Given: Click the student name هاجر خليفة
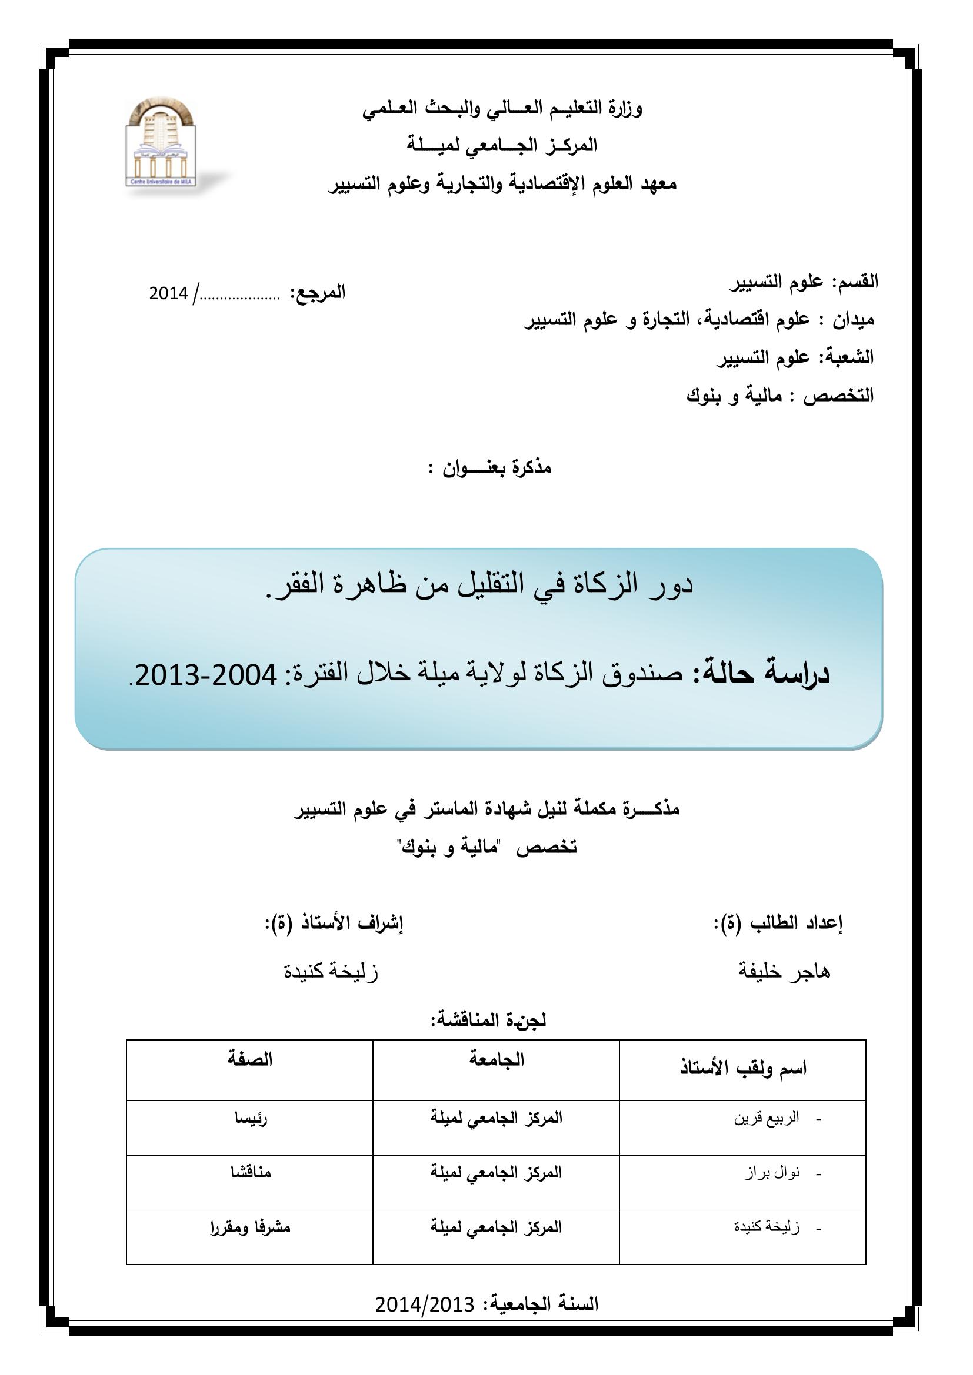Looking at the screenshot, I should click(784, 971).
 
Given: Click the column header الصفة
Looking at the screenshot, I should click(250, 1059).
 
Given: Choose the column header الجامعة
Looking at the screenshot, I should click(496, 1059).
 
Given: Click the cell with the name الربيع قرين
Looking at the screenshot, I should click(767, 1119).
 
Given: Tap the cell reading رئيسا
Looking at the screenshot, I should click(251, 1119).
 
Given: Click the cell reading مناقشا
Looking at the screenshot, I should click(251, 1172).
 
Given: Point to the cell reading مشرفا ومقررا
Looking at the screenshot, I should click(250, 1227).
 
